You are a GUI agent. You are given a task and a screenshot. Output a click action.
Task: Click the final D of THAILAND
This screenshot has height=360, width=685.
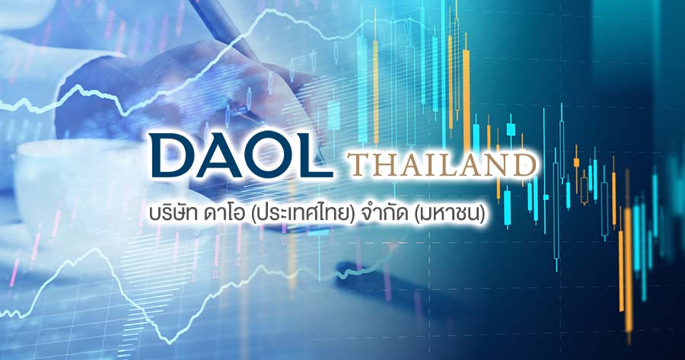(522, 165)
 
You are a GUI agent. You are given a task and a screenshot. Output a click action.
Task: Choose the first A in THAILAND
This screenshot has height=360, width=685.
(407, 165)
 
